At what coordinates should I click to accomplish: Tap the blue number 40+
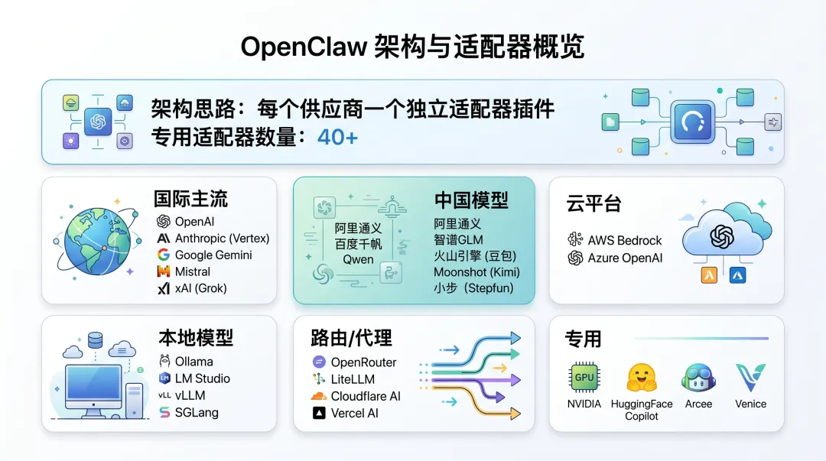point(337,138)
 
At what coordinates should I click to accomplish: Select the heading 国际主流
point(190,200)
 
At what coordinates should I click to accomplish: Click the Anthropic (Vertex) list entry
point(222,239)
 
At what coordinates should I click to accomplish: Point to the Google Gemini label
point(213,255)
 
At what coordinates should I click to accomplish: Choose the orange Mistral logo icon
point(163,272)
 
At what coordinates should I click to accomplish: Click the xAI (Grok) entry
point(200,289)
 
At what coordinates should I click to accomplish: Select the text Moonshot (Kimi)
point(476,272)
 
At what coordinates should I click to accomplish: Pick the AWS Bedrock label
point(625,240)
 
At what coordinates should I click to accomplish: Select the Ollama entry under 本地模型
point(193,362)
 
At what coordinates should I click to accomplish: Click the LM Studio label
point(202,378)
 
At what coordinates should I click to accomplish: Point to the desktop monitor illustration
point(94,386)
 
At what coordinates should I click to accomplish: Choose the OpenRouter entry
point(363,362)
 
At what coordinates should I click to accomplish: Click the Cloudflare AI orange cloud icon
point(319,397)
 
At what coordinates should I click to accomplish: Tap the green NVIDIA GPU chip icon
point(584,378)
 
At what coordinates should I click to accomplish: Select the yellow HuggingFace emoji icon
point(642,378)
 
